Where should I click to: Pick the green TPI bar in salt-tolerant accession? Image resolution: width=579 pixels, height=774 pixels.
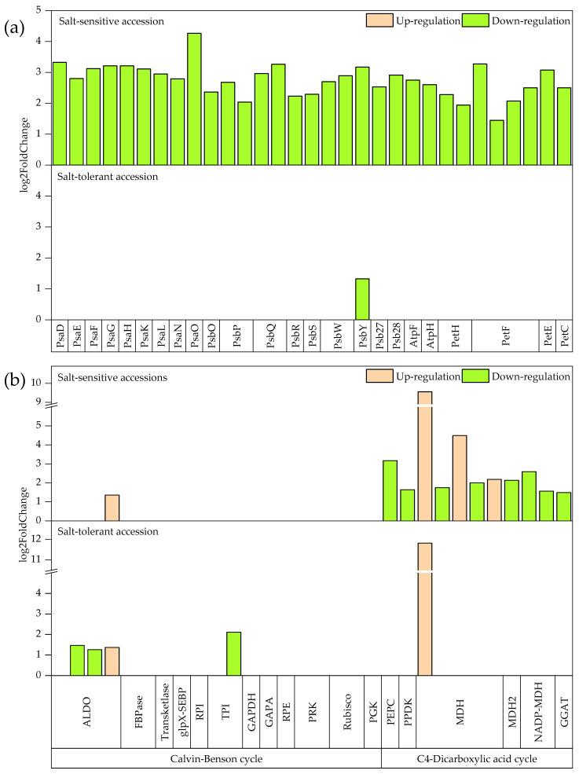pyautogui.click(x=233, y=653)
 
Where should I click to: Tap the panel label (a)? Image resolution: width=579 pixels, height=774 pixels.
pyautogui.click(x=13, y=27)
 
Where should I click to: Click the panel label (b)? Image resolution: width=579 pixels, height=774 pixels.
pyautogui.click(x=13, y=383)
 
